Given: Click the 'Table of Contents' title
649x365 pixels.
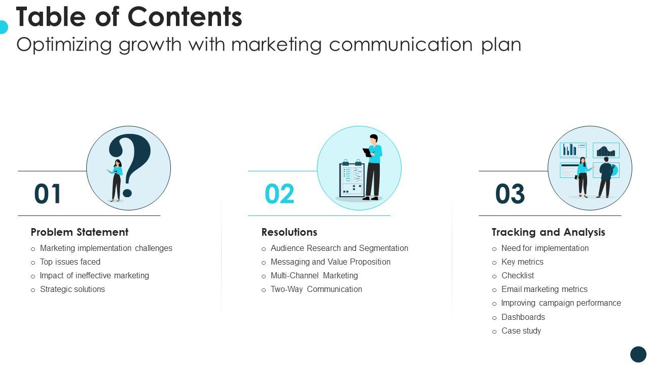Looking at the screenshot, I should pos(129,17).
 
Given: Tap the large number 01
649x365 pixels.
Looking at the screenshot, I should pos(48,194).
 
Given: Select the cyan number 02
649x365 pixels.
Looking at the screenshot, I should pos(279,194).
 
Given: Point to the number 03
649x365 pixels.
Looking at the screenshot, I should pos(510,194).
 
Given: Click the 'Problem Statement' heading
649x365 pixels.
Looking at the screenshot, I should pos(80,232).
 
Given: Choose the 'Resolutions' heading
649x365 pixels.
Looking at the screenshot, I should pos(289,232).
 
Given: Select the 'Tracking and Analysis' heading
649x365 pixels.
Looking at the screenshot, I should pos(548,232).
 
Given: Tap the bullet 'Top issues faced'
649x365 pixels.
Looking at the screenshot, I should pos(70,262).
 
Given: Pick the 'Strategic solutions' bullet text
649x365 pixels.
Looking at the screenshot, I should pos(73,289).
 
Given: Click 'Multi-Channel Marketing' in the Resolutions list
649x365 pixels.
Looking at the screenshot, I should pos(314,276).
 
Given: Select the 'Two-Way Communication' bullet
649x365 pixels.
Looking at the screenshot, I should pos(316,289).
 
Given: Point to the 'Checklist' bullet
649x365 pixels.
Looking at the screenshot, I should pos(518,276).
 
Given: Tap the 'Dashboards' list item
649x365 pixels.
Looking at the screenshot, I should pos(523,317).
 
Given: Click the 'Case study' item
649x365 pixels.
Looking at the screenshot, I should pos(521,331).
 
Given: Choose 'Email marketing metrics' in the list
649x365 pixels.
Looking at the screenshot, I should pos(545,289).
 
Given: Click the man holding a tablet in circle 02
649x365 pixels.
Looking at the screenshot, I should pos(373,167).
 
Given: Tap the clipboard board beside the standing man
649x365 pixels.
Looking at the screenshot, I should pos(351,180).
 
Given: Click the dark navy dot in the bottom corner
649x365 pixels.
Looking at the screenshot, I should pos(638,354).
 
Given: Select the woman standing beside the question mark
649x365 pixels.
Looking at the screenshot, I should pos(117,180).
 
